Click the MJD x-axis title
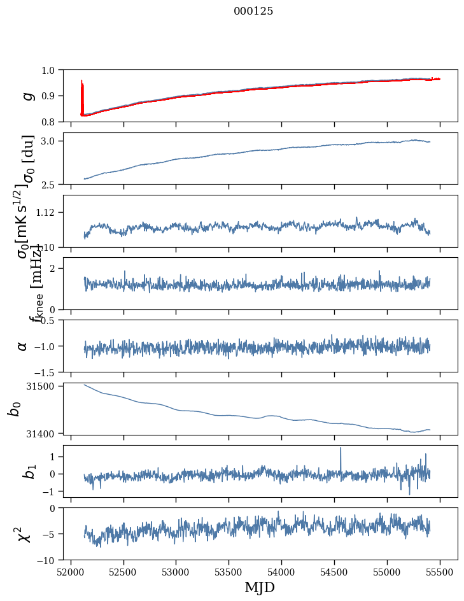point(260,588)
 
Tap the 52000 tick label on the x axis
point(71,572)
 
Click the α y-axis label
point(23,346)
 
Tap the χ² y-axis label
point(24,534)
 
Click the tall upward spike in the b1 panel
point(341,448)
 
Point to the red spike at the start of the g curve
point(81,83)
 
